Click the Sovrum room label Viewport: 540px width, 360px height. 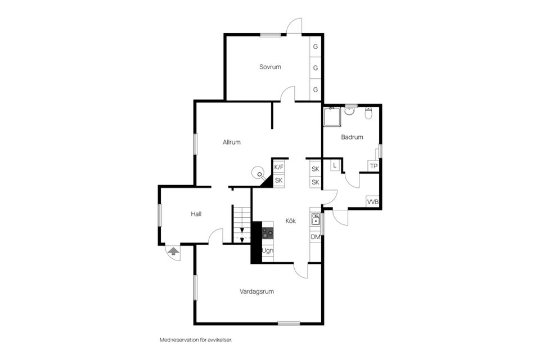coord(270,67)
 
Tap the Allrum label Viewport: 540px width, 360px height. coord(231,142)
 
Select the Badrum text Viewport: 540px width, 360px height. coord(352,137)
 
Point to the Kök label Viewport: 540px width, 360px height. coord(291,221)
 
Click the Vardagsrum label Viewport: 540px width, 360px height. coord(257,291)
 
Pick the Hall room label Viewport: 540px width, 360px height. coord(196,214)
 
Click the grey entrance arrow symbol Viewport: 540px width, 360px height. coord(173,250)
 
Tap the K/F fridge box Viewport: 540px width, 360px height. coord(279,167)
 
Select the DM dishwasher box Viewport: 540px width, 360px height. coord(316,237)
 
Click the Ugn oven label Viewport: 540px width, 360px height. coord(268,250)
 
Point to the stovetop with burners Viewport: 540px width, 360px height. coord(268,233)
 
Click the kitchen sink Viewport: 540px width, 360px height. coord(316,219)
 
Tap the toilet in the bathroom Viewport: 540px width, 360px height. coord(368,112)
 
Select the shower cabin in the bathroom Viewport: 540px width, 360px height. coord(332,117)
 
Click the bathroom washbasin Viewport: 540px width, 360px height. coord(349,111)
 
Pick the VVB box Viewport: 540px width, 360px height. coord(372,201)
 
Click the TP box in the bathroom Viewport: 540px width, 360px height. coord(373,166)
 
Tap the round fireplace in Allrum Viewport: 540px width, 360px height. coord(258,172)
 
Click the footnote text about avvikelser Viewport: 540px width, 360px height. coord(196,340)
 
